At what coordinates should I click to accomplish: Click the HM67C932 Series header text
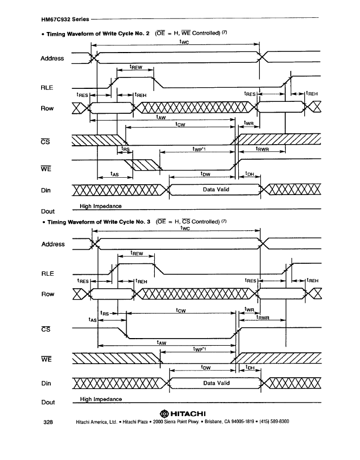click(x=65, y=20)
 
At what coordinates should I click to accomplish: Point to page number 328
click(x=48, y=422)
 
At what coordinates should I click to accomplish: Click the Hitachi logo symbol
click(x=164, y=413)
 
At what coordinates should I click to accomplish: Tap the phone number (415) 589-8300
click(x=274, y=422)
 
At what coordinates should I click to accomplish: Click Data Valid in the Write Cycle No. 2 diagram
click(x=216, y=190)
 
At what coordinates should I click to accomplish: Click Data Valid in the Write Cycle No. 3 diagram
click(x=217, y=383)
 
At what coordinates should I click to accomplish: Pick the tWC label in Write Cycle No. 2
click(x=184, y=42)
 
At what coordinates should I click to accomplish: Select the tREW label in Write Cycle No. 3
click(x=136, y=253)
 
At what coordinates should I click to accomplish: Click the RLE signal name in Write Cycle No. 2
click(x=47, y=87)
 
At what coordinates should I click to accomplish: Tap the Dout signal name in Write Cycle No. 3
click(x=48, y=402)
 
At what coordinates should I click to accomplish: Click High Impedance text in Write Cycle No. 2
click(x=101, y=206)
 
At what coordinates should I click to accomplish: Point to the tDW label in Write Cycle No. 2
click(x=205, y=174)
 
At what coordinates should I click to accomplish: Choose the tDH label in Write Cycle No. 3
click(x=250, y=367)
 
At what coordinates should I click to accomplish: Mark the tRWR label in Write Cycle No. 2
click(x=262, y=149)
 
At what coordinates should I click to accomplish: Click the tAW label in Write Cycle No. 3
click(x=161, y=342)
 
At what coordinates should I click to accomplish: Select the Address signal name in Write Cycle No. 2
click(x=52, y=59)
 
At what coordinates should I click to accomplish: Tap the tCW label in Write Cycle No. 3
click(x=181, y=310)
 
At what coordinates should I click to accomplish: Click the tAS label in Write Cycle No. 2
click(x=115, y=174)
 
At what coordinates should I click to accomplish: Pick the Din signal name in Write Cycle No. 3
click(x=46, y=383)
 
